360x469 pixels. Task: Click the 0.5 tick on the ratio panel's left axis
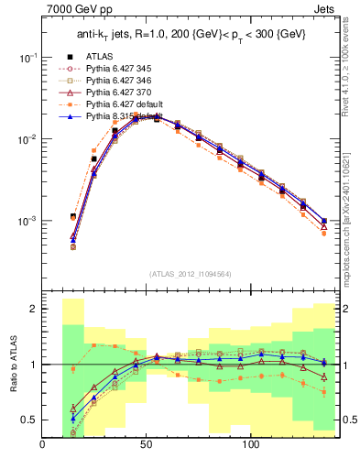29,420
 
